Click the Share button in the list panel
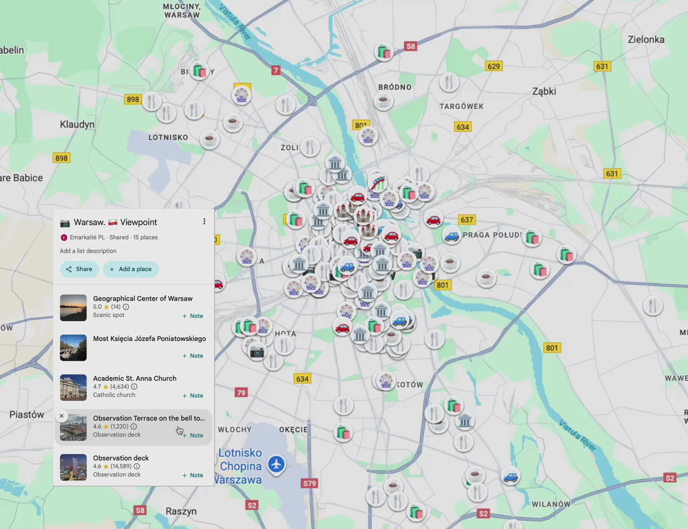click(x=79, y=269)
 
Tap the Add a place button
click(x=131, y=269)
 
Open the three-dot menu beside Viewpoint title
click(x=204, y=222)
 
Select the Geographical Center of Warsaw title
click(x=142, y=299)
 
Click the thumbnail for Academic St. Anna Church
click(x=73, y=387)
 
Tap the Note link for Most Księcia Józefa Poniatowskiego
click(x=193, y=356)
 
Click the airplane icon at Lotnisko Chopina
click(x=276, y=464)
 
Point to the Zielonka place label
click(x=646, y=40)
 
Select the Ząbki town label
click(x=544, y=91)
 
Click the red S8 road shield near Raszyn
click(x=140, y=510)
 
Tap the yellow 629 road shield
click(x=493, y=66)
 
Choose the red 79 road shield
click(x=241, y=393)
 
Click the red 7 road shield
click(x=276, y=70)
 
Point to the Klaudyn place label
click(x=77, y=124)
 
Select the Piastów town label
click(x=27, y=414)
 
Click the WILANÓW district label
click(x=551, y=504)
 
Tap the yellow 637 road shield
click(x=467, y=220)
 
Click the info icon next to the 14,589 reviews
click(x=137, y=466)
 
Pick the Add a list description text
click(x=88, y=251)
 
